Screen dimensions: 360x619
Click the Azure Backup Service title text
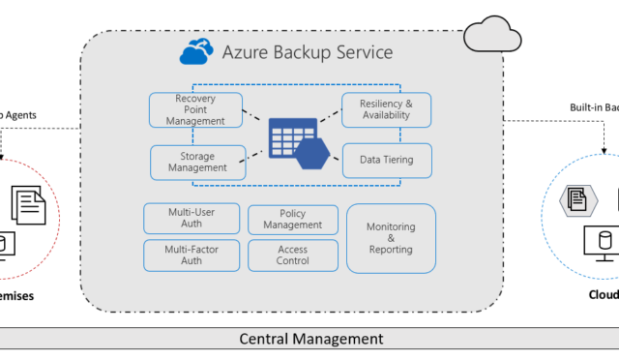coord(309,52)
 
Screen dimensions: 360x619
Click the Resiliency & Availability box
coord(386,109)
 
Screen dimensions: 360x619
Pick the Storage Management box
coord(198,161)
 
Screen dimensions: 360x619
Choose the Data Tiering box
coord(386,161)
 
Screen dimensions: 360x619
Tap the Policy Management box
coord(293,219)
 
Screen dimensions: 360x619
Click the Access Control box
coord(293,255)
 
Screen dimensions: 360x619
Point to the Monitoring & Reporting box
coord(390,237)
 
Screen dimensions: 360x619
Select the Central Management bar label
coord(310,340)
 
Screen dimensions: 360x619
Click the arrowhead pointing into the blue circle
coord(605,153)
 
